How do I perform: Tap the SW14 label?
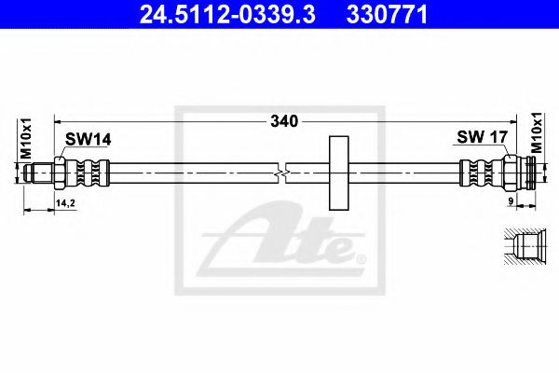[88, 139]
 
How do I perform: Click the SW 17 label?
[481, 138]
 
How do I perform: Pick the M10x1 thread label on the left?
[26, 139]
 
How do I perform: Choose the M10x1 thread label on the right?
[537, 134]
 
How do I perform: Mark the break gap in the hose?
[283, 172]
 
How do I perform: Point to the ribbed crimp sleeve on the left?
[90, 172]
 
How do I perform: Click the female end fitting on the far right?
[523, 172]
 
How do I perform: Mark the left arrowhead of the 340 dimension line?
[59, 120]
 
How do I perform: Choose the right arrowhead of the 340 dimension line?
[527, 120]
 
